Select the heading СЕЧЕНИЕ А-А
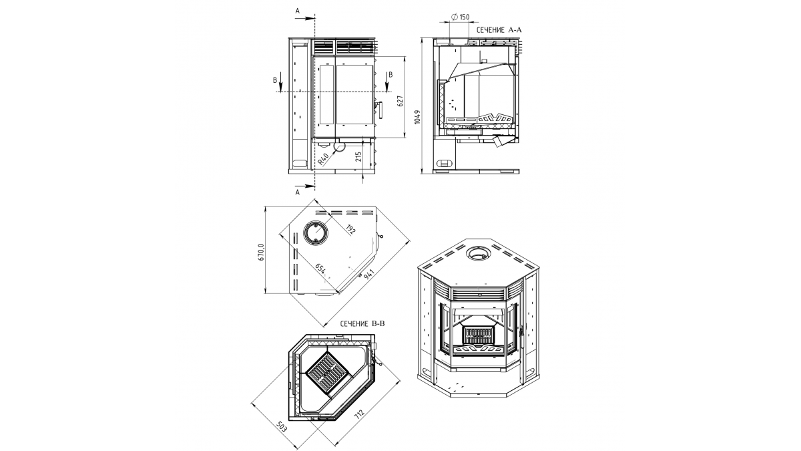click(499, 30)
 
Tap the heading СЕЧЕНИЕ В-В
click(362, 324)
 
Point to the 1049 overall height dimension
click(417, 117)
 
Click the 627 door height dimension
click(400, 101)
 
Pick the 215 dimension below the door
click(358, 157)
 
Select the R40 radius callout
click(323, 159)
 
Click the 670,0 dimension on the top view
click(262, 252)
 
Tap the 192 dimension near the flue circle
click(351, 229)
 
